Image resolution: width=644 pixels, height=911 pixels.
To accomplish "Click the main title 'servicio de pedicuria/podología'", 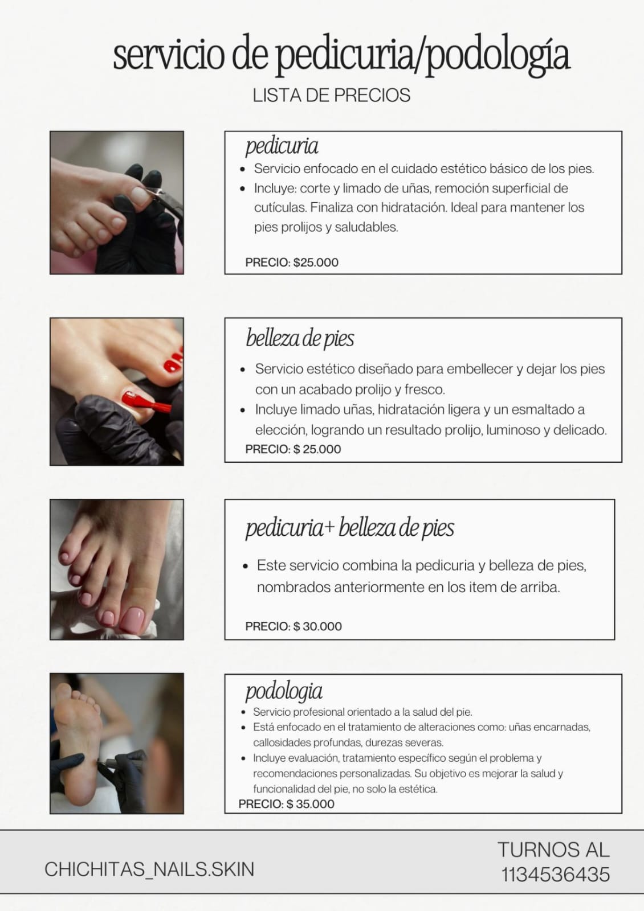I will (x=341, y=56).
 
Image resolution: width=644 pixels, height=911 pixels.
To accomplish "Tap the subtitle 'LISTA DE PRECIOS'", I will (x=331, y=95).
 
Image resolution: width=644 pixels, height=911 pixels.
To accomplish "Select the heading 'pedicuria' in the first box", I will (x=282, y=146).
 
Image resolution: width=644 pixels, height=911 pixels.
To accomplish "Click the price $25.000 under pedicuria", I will (x=315, y=262).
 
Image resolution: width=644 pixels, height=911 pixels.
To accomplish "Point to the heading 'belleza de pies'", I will (x=300, y=338).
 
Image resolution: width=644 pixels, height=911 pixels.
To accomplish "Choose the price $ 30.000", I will (x=317, y=626).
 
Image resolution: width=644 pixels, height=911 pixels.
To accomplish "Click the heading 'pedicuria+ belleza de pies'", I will (x=350, y=528).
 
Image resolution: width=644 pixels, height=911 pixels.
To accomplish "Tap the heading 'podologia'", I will (x=284, y=691).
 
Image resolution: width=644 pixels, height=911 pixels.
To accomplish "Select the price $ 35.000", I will (x=311, y=804).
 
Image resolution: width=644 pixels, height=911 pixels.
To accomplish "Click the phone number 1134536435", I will (x=556, y=875).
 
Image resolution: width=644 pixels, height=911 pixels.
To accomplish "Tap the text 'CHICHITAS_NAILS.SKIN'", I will (x=149, y=869).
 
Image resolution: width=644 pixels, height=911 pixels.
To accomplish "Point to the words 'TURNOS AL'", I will (x=553, y=850).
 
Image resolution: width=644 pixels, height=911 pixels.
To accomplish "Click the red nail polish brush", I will (x=151, y=406).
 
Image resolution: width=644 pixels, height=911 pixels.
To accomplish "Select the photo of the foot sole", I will (x=117, y=743).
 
